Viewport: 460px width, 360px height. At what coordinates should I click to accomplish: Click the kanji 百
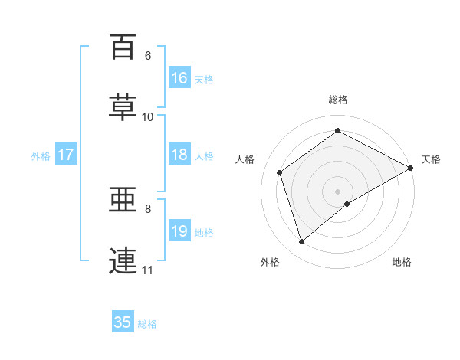pyautogui.click(x=123, y=47)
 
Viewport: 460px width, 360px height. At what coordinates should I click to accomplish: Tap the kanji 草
pyautogui.click(x=123, y=107)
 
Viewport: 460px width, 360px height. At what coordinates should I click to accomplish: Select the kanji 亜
pyautogui.click(x=123, y=200)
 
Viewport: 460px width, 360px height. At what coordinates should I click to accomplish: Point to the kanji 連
pyautogui.click(x=123, y=260)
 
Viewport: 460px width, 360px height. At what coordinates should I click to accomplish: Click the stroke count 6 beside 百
pyautogui.click(x=148, y=56)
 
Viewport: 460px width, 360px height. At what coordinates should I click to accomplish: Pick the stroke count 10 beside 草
pyautogui.click(x=147, y=117)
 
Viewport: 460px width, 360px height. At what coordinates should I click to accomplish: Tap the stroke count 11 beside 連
pyautogui.click(x=147, y=270)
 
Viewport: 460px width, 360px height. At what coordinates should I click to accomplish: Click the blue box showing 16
pyautogui.click(x=179, y=77)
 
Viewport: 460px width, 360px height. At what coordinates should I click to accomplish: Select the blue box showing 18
pyautogui.click(x=179, y=154)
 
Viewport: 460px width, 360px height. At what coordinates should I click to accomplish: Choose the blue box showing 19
pyautogui.click(x=179, y=230)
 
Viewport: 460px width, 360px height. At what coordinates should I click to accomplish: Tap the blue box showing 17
pyautogui.click(x=66, y=154)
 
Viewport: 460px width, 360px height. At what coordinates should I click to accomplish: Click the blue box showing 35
pyautogui.click(x=123, y=321)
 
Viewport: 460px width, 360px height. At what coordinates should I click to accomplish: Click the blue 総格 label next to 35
pyautogui.click(x=147, y=324)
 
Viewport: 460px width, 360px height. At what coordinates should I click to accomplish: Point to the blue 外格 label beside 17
pyautogui.click(x=41, y=156)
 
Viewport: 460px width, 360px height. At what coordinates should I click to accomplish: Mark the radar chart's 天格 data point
pyautogui.click(x=411, y=168)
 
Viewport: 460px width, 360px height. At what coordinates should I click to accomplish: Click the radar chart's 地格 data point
pyautogui.click(x=347, y=204)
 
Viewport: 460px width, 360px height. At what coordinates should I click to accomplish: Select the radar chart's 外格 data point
pyautogui.click(x=301, y=242)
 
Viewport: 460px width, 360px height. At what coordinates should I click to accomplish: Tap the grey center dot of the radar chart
pyautogui.click(x=337, y=191)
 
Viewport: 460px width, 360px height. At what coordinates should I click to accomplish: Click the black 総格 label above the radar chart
pyautogui.click(x=338, y=100)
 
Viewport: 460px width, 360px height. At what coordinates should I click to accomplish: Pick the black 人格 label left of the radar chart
pyautogui.click(x=245, y=159)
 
